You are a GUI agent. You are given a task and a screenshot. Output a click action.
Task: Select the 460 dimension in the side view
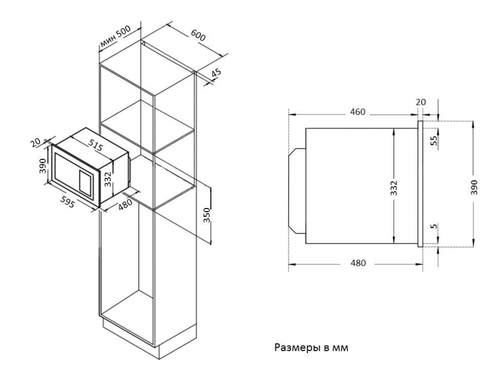tap(357, 112)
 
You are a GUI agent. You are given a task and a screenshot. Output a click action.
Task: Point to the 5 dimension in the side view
tap(433, 226)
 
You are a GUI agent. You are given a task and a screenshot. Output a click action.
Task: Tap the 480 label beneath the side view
tap(357, 263)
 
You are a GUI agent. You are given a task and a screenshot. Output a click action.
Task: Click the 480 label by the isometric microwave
tap(125, 204)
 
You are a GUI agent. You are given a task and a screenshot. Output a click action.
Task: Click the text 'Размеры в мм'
tap(311, 347)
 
